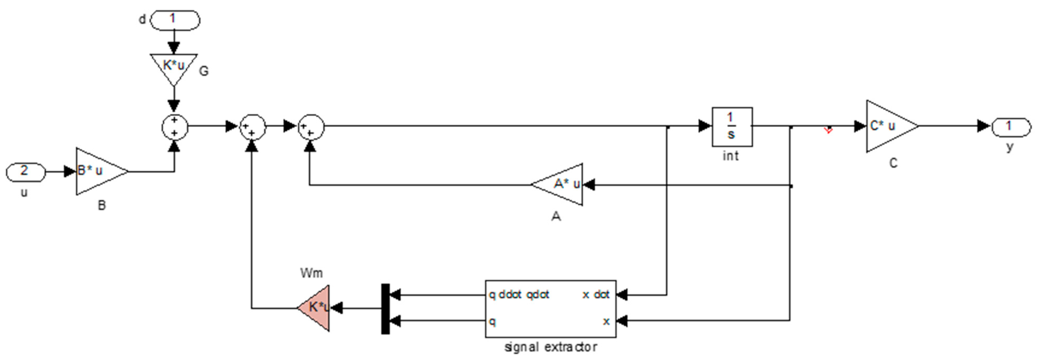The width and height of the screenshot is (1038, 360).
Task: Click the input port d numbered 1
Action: point(175,20)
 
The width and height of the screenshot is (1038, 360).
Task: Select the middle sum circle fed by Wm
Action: point(252,127)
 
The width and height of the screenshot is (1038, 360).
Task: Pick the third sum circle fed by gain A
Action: point(311,127)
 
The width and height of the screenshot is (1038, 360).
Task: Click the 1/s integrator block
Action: point(732,127)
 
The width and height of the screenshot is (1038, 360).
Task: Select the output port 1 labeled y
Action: point(1010,127)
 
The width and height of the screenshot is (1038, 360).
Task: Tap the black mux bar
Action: point(385,309)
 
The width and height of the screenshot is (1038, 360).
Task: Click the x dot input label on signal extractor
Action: point(596,295)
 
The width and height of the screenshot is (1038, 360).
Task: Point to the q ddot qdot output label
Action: point(519,295)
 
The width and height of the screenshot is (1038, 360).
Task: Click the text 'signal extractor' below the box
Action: point(551,347)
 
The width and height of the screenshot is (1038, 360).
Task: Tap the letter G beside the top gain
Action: point(204,71)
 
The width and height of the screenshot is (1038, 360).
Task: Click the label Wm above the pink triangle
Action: point(312,273)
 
